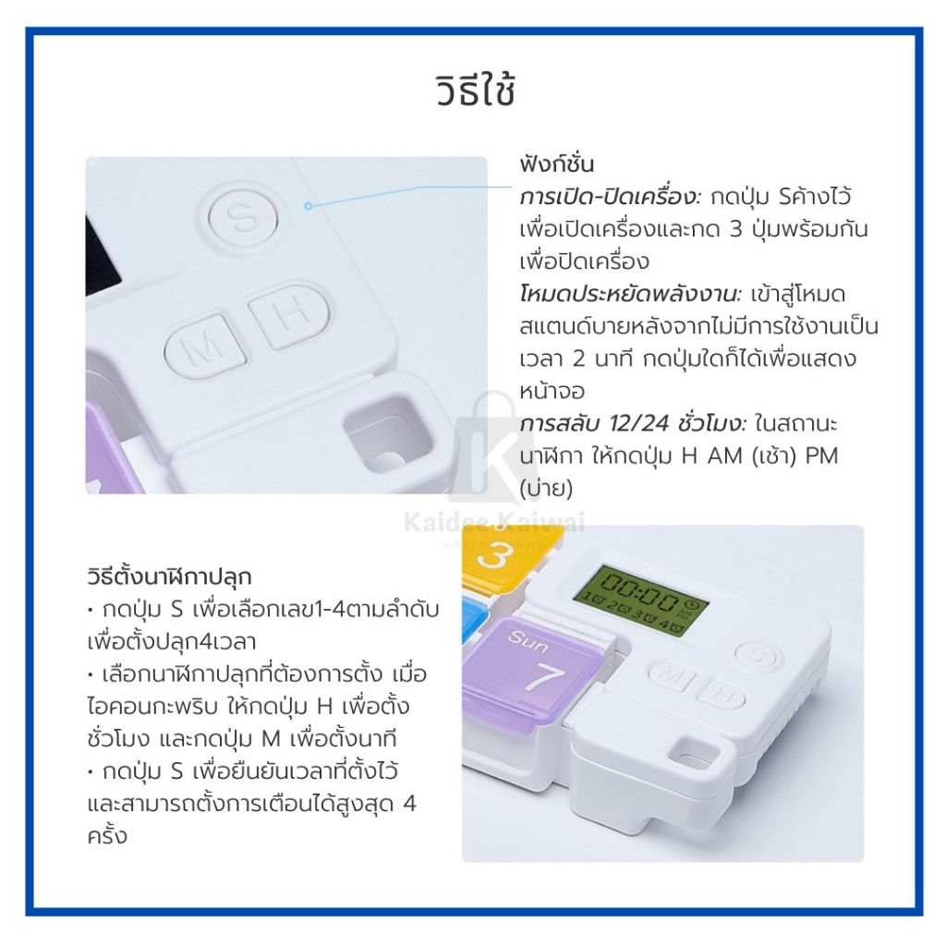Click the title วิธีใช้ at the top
point(476,91)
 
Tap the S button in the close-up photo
point(243,217)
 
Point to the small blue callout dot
point(309,206)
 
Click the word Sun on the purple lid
point(528,641)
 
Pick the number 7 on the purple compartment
point(545,678)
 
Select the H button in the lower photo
point(722,694)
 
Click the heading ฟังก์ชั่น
point(557,164)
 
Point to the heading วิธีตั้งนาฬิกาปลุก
point(169,576)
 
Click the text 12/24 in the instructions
point(639,423)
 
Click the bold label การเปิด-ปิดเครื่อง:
point(611,197)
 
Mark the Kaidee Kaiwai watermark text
point(494,523)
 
